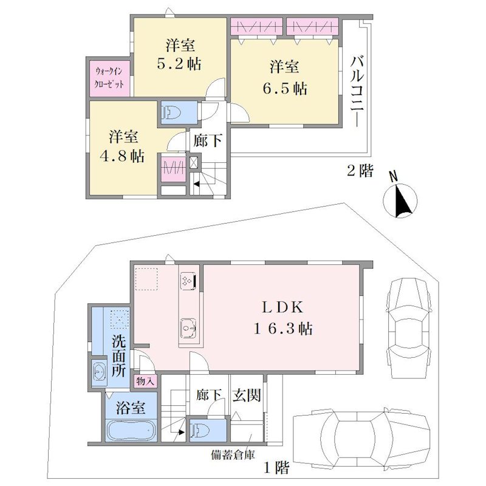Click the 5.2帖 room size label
point(179,64)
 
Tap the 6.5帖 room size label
point(285,89)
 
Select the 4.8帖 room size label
point(122,156)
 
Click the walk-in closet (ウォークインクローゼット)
point(109,78)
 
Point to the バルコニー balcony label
point(357,91)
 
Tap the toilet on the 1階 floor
point(200,430)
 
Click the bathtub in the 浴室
point(131,431)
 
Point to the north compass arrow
point(402,200)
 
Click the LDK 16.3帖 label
point(282,318)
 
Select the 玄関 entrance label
point(247,395)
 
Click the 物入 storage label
point(145,382)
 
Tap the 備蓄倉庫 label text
point(233,455)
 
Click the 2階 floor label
point(360,171)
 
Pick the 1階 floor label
point(276,467)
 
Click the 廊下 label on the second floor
point(208,140)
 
